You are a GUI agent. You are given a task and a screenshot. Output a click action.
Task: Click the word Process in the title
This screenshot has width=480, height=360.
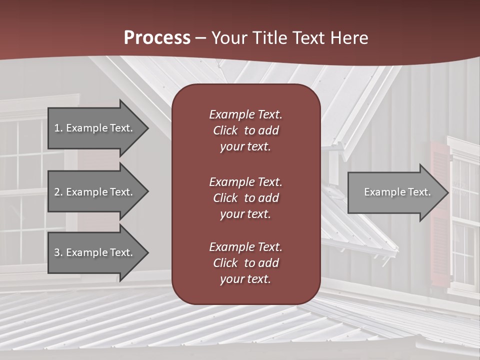point(157,37)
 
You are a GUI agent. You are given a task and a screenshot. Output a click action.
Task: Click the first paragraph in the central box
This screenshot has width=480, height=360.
point(245,130)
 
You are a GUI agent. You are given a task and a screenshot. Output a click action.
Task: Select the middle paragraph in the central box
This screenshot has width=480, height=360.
point(245,198)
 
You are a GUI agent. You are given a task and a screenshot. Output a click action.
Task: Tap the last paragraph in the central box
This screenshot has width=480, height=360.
point(245,263)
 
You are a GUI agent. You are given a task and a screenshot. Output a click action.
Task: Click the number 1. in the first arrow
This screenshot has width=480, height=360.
point(58,128)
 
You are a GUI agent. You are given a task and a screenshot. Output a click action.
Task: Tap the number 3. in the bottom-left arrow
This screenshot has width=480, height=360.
point(58,252)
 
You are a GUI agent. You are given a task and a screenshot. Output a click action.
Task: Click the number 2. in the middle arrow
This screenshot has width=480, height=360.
point(58,192)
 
